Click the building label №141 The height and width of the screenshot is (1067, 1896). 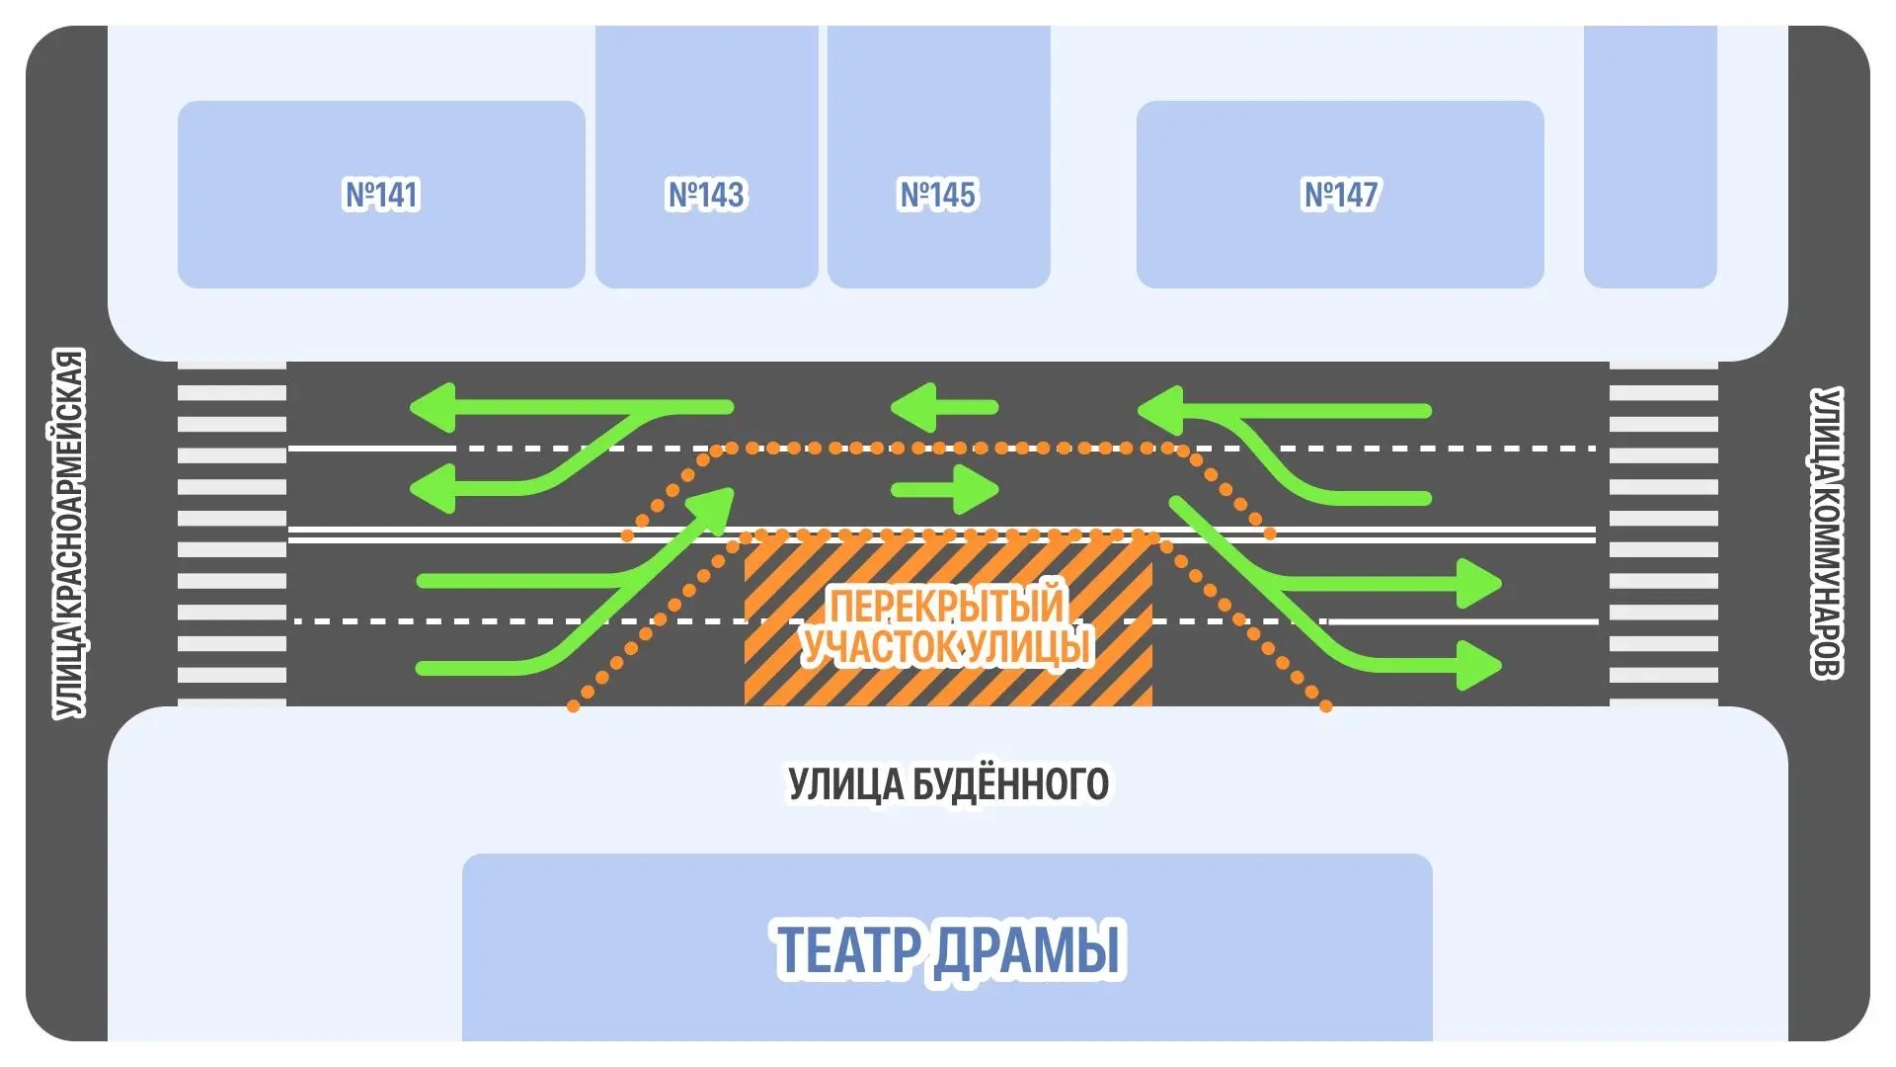pos(381,195)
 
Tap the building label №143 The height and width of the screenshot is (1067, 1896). pos(706,195)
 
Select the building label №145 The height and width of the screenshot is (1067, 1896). pos(937,195)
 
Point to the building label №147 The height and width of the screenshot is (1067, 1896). pos(1340,195)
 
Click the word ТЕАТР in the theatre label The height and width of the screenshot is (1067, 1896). pos(848,949)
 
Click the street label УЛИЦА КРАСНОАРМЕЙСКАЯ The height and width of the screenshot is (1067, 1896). pos(69,533)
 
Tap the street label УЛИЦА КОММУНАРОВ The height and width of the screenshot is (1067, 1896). pos(1826,533)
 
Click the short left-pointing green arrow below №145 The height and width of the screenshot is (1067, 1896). pos(943,407)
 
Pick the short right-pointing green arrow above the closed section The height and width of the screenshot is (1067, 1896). pos(946,489)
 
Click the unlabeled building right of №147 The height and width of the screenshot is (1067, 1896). pos(1649,158)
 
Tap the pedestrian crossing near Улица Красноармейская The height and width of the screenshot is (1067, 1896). pos(232,533)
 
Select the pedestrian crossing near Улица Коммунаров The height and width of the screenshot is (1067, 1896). pos(1663,533)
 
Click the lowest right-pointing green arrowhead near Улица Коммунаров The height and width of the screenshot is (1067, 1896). pos(1478,665)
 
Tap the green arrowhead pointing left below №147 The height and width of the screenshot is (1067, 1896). pos(1160,410)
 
